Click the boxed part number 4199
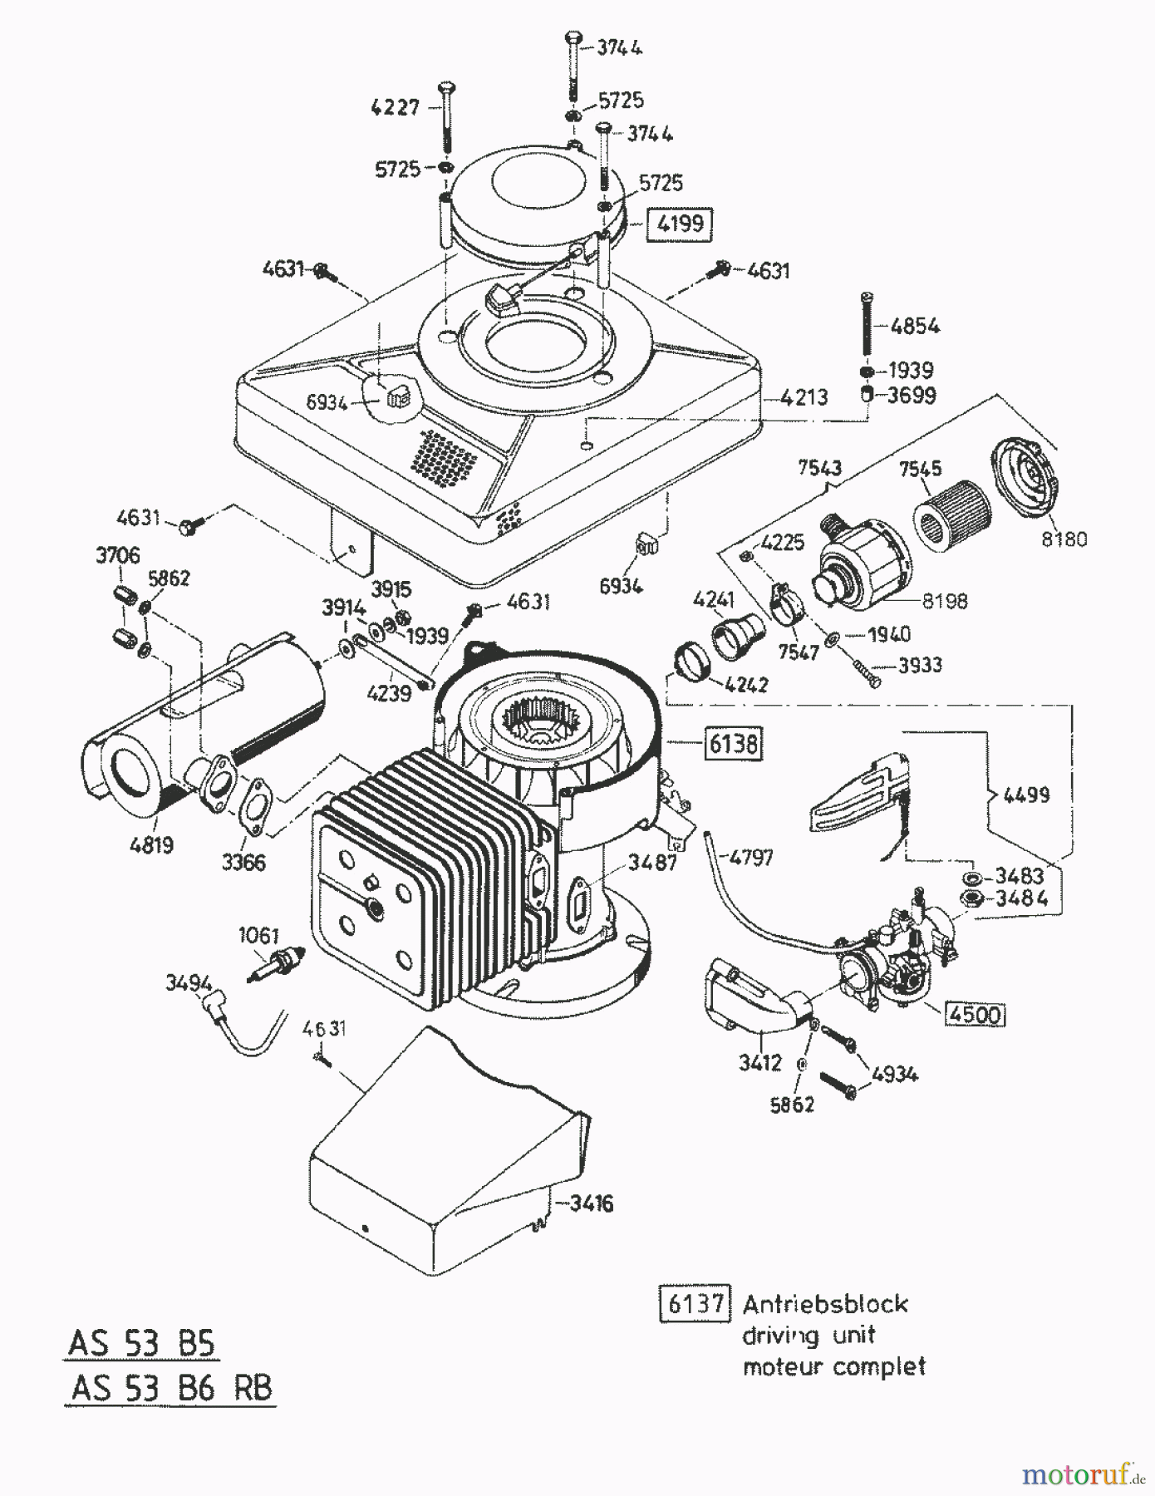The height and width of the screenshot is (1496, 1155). tap(679, 224)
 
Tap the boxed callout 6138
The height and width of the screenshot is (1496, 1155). tap(732, 743)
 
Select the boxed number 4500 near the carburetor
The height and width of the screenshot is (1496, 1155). tap(976, 1015)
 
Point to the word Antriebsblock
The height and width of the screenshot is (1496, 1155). tap(825, 1303)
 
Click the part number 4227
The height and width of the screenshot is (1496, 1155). tap(396, 107)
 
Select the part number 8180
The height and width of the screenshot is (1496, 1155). tap(1064, 539)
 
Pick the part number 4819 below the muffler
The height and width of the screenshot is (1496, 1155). tap(151, 845)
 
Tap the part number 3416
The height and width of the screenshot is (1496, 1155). tap(591, 1203)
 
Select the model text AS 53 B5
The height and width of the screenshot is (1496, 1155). tap(140, 1343)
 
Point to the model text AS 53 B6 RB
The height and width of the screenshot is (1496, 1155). tap(170, 1388)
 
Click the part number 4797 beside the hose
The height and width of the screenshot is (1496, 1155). tap(751, 857)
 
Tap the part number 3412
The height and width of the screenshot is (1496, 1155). tap(759, 1062)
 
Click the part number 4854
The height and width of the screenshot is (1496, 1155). tap(915, 326)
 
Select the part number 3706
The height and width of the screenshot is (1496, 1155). tap(118, 554)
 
